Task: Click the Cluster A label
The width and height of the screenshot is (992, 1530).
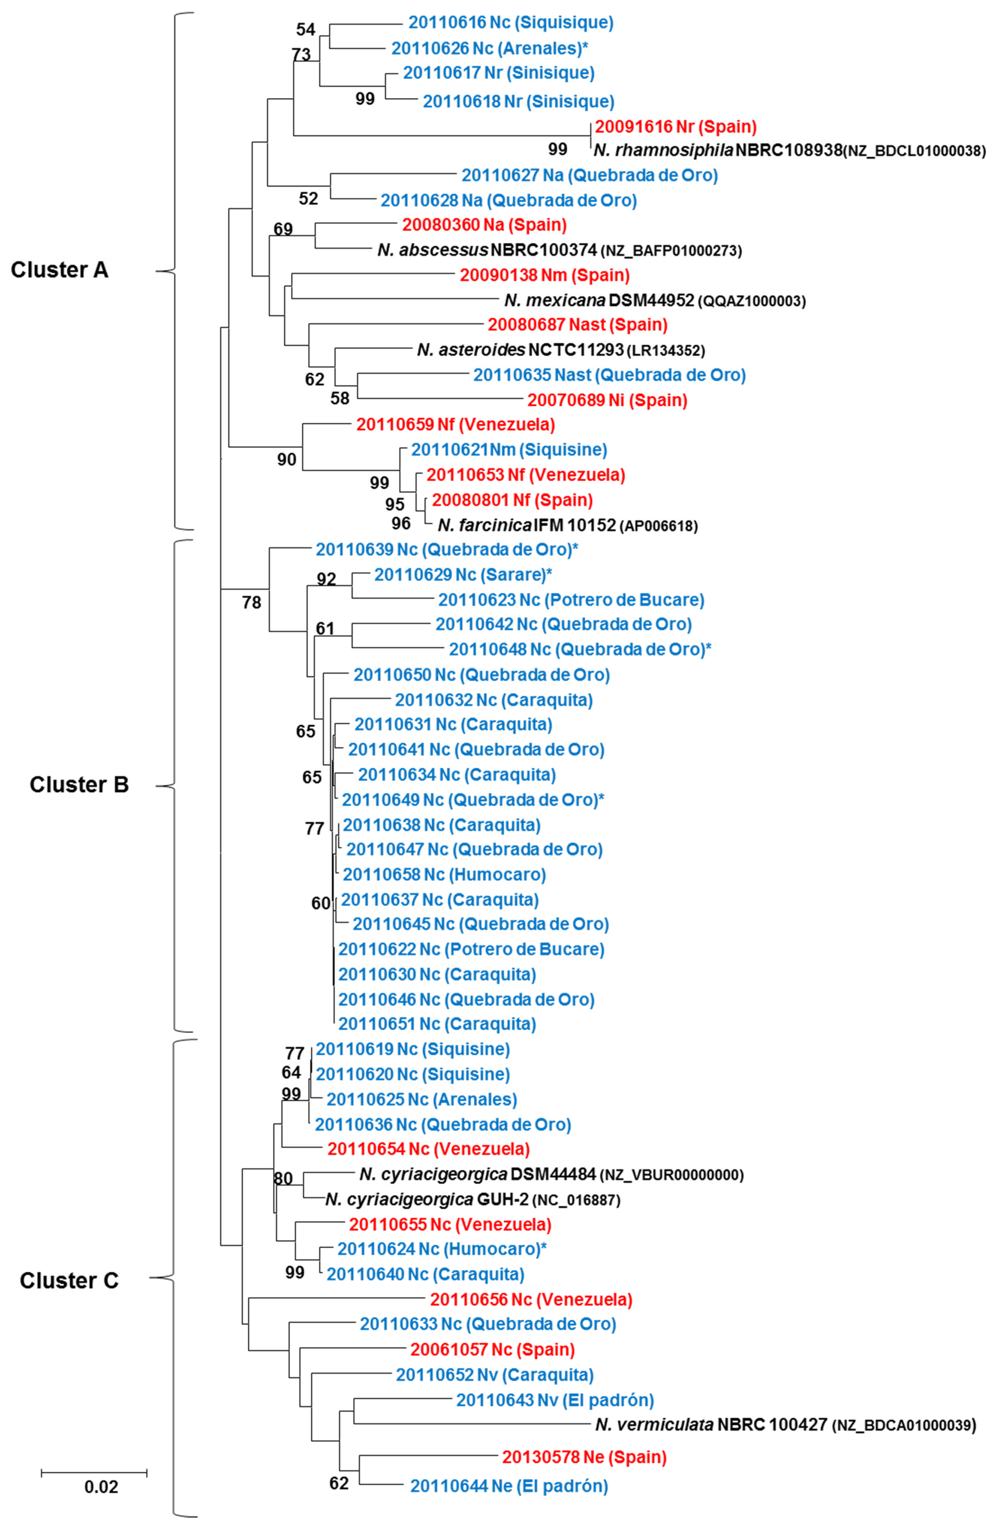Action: [x=59, y=270]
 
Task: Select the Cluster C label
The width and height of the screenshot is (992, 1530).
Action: [x=69, y=1280]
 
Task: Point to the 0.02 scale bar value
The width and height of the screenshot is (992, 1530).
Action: [x=101, y=1487]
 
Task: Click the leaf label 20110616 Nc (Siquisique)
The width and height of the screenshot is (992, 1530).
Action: [x=510, y=22]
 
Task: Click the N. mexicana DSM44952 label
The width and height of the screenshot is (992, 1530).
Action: [x=654, y=300]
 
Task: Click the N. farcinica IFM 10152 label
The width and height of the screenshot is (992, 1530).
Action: [x=567, y=525]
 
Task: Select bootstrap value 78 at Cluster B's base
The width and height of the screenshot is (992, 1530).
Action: [x=252, y=602]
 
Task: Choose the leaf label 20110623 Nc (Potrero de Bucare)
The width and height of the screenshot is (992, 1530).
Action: [x=571, y=600]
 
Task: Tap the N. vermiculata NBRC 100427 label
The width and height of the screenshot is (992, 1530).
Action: [x=785, y=1425]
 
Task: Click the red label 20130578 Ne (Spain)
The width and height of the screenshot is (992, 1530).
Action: [x=584, y=1457]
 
